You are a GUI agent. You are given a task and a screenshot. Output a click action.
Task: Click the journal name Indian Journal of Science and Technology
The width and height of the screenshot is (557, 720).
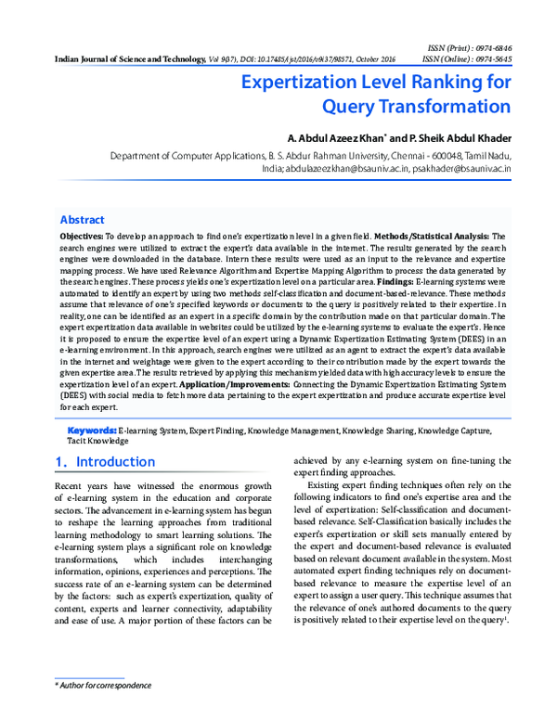point(124,58)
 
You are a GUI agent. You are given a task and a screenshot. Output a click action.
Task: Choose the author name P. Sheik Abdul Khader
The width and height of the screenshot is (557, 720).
point(454,138)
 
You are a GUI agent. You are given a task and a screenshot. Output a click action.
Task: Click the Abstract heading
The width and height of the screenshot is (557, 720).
point(82,220)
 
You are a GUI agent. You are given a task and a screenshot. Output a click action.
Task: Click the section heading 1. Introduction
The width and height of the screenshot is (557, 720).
point(98,462)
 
